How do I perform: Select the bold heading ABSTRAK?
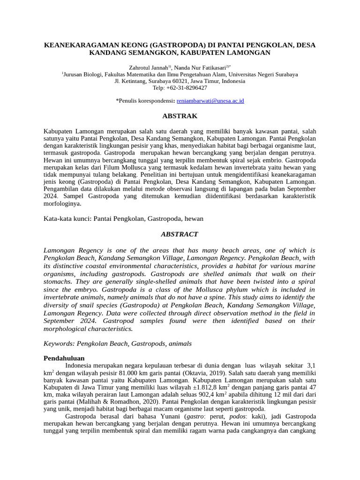(x=180, y=116)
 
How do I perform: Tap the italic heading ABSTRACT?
(x=180, y=234)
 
